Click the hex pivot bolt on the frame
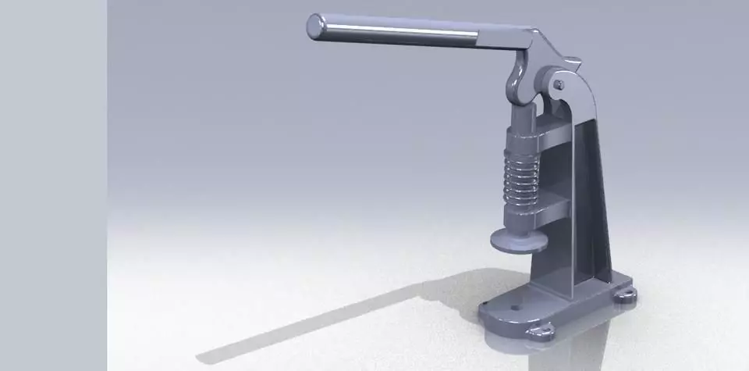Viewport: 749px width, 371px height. pyautogui.click(x=559, y=84)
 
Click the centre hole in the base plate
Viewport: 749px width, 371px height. pyautogui.click(x=514, y=307)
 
